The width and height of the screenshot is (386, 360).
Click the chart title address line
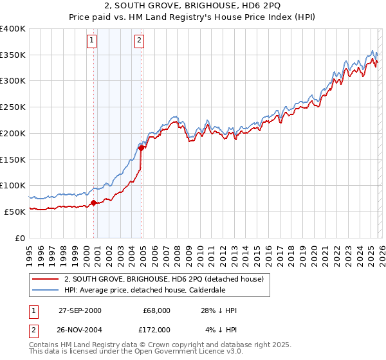pyautogui.click(x=193, y=6)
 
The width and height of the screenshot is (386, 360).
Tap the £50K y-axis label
pyautogui.click(x=15, y=212)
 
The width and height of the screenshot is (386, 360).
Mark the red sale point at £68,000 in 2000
pyautogui.click(x=94, y=203)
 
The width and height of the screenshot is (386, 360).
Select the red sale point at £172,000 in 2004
pyautogui.click(x=142, y=148)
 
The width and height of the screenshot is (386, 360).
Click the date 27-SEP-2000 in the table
pyautogui.click(x=80, y=310)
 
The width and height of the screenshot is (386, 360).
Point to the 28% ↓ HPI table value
pyautogui.click(x=219, y=310)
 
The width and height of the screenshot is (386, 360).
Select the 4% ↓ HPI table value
pyautogui.click(x=221, y=329)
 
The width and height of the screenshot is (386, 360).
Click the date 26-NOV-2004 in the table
pyautogui.click(x=80, y=329)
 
